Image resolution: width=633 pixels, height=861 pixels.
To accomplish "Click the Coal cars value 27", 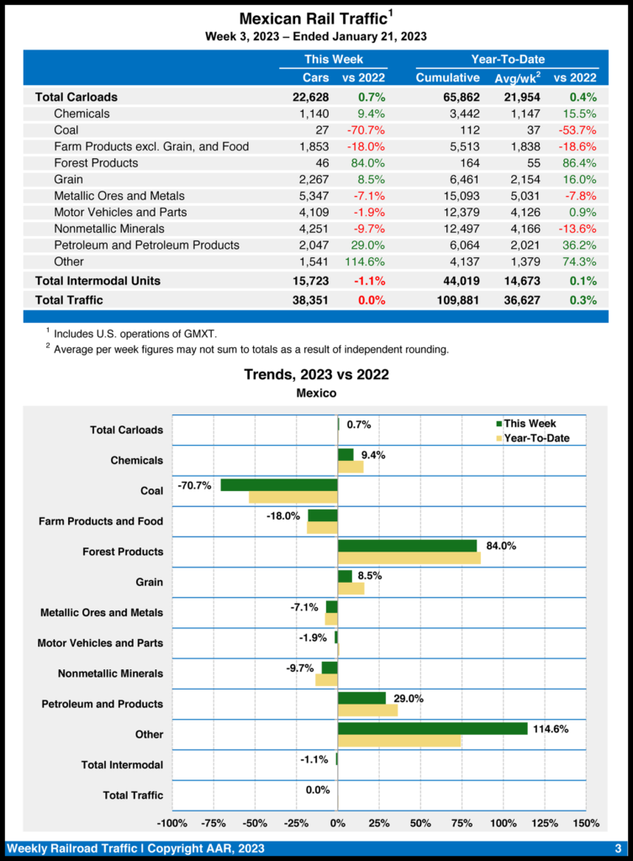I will point(322,129).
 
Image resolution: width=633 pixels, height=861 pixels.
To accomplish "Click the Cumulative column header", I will point(447,78).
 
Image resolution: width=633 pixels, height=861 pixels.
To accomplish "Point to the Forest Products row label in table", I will point(96,162).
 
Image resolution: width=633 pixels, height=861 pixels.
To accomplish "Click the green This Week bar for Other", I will point(432,728).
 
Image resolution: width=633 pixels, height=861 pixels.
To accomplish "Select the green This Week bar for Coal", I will point(279,485).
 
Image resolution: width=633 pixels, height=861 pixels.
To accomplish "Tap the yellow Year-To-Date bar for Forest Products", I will point(409,557).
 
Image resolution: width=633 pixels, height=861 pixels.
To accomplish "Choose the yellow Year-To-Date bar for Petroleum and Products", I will point(367,710).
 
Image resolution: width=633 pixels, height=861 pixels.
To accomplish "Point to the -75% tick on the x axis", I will point(214,822).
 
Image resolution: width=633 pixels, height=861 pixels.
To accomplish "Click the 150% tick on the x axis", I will point(585,822).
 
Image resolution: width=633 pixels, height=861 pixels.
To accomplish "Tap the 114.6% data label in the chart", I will point(551,729).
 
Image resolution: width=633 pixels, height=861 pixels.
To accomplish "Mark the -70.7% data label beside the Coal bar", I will point(194,485).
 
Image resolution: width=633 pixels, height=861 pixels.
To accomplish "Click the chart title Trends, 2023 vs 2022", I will point(316,374).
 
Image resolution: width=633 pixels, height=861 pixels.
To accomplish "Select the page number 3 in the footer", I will point(617,848).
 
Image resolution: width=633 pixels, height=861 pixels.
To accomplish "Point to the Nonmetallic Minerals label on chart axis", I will point(110,673).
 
